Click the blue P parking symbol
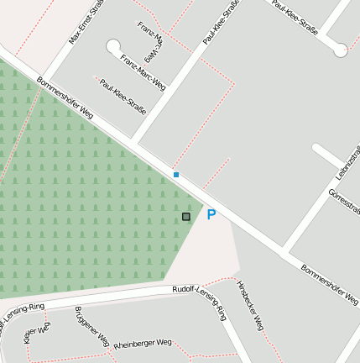pos(211,215)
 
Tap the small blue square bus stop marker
pos(176,175)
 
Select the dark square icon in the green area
pos(186,217)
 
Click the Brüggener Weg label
pos(91,327)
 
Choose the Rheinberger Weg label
pos(143,344)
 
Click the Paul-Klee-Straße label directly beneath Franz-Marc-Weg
pos(123,96)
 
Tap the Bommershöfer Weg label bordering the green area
pos(65,98)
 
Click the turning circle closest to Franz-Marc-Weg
pos(113,46)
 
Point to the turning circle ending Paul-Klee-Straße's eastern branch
pos(341,50)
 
